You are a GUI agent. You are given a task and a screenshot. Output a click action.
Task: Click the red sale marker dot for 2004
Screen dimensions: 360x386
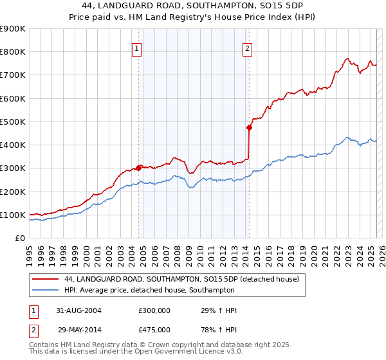coord(139,168)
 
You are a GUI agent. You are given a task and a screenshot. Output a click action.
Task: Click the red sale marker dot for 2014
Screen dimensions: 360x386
coord(249,127)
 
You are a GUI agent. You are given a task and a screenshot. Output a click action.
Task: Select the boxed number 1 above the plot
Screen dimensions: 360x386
coord(138,47)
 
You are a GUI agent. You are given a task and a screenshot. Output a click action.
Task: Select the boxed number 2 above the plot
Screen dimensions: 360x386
coord(248,47)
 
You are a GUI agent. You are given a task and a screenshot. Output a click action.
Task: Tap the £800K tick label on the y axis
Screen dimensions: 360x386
coord(12,52)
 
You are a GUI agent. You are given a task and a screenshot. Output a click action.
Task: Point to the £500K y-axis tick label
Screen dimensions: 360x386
coord(12,122)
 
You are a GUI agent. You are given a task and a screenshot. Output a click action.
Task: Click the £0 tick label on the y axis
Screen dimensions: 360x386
coord(19,238)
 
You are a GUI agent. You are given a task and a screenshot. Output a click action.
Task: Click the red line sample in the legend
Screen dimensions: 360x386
coord(46,280)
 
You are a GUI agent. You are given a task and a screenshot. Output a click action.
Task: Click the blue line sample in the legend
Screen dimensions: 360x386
coord(46,291)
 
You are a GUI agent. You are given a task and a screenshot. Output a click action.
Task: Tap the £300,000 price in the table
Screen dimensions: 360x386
coord(154,310)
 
